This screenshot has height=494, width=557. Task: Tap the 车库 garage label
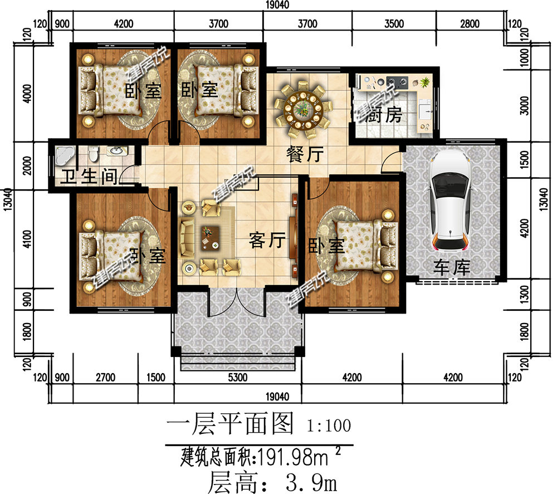tap(452, 268)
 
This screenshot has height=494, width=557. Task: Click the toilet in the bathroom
tap(93, 152)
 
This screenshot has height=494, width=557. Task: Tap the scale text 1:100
tap(329, 427)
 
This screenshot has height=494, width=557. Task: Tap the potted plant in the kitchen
tap(425, 82)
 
